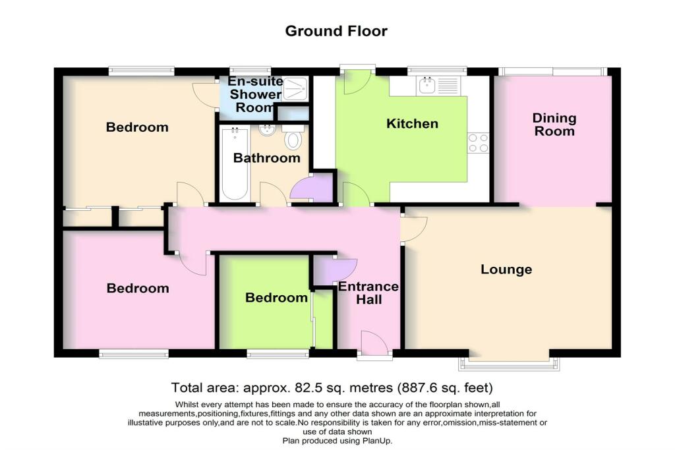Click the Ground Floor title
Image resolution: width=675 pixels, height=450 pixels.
point(336,31)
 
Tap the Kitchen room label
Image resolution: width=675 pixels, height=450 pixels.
point(412,124)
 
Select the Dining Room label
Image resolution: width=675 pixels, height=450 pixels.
point(554,125)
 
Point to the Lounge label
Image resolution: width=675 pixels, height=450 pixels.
point(506,269)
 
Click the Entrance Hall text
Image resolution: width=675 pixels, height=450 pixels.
point(368,293)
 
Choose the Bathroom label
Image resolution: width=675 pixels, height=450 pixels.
point(267,158)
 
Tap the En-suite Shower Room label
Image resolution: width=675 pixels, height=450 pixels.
point(254,94)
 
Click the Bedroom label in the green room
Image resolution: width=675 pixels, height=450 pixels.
point(276,298)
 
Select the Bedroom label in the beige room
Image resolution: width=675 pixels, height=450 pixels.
point(137,127)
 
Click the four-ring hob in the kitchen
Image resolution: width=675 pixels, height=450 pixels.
point(478,143)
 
